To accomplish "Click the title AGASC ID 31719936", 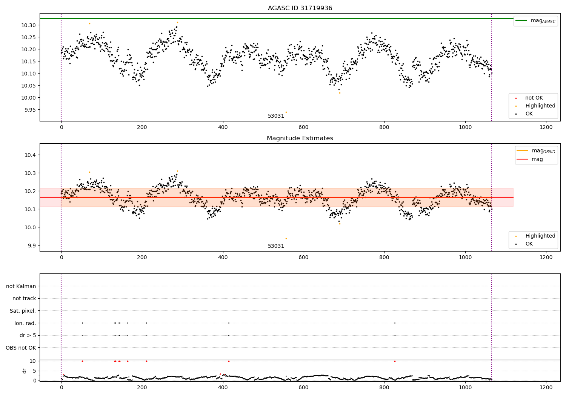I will click(x=300, y=8).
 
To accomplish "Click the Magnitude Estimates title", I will click(x=300, y=138).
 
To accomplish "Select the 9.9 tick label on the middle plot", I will click(x=32, y=246).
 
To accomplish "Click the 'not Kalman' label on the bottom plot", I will click(x=21, y=286).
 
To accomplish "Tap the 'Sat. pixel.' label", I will click(x=23, y=311).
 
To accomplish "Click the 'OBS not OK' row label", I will click(x=21, y=348).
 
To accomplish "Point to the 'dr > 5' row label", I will click(x=28, y=335).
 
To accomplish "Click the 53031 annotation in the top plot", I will click(x=276, y=116).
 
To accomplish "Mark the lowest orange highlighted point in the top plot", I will click(x=286, y=112).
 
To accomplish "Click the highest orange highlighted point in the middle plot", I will click(x=177, y=171).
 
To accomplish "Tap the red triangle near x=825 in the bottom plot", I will click(x=395, y=361).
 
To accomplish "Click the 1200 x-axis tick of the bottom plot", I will click(x=546, y=387).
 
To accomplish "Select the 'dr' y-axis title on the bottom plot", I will click(x=25, y=371).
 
